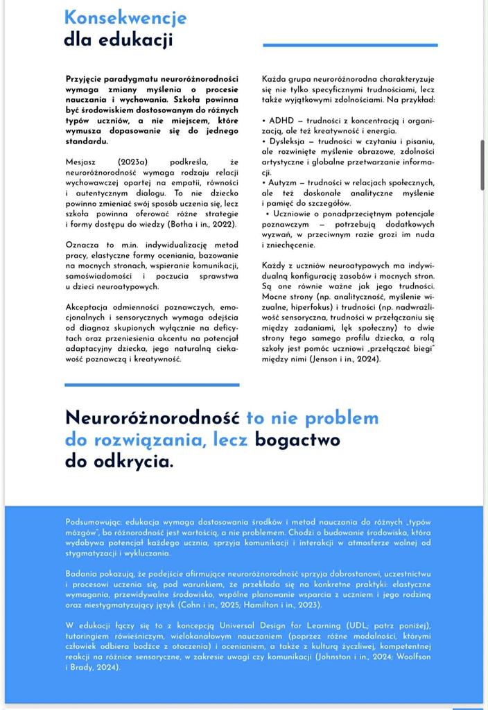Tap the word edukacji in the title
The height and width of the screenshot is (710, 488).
[134, 40]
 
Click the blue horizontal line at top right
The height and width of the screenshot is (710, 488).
[350, 45]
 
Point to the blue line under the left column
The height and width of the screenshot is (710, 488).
[152, 384]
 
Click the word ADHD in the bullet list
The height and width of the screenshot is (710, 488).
[281, 120]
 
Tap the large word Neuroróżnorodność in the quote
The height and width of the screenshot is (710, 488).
[152, 417]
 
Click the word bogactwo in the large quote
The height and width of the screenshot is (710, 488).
[297, 439]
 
